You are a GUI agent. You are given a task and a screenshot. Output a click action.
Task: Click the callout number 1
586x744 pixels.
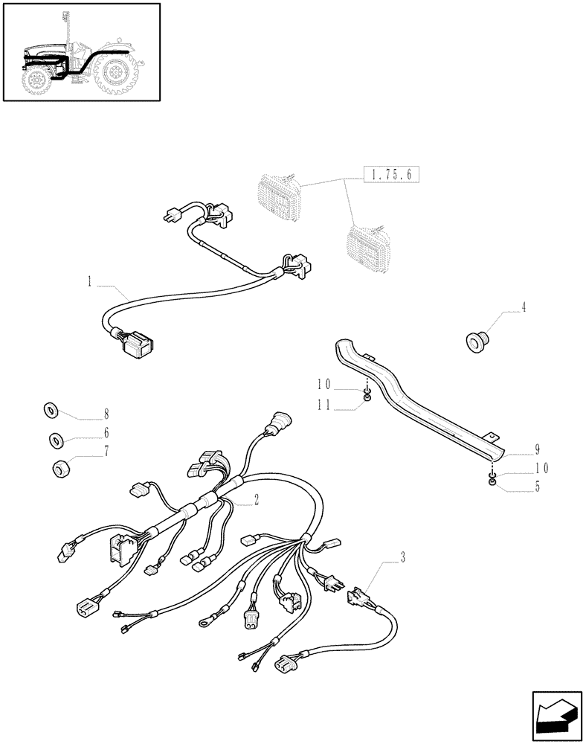coord(89,281)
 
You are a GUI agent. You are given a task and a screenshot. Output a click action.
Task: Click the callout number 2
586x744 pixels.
coord(256,499)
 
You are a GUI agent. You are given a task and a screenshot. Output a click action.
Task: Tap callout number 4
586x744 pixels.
coord(524,307)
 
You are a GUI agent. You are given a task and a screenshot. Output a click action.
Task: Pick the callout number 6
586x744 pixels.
coord(106,432)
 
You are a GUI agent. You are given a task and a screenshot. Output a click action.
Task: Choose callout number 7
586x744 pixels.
coord(106,451)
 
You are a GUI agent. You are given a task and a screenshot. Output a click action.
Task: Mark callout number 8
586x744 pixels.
coord(106,412)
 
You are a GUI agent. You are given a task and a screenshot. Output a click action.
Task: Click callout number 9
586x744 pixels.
coord(536,449)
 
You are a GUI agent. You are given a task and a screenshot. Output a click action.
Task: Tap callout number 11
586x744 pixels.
coord(323,405)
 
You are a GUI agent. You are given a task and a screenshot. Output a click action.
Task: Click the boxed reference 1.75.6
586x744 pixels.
coord(392,176)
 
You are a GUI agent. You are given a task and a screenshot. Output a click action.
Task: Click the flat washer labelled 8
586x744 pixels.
coord(51,408)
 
